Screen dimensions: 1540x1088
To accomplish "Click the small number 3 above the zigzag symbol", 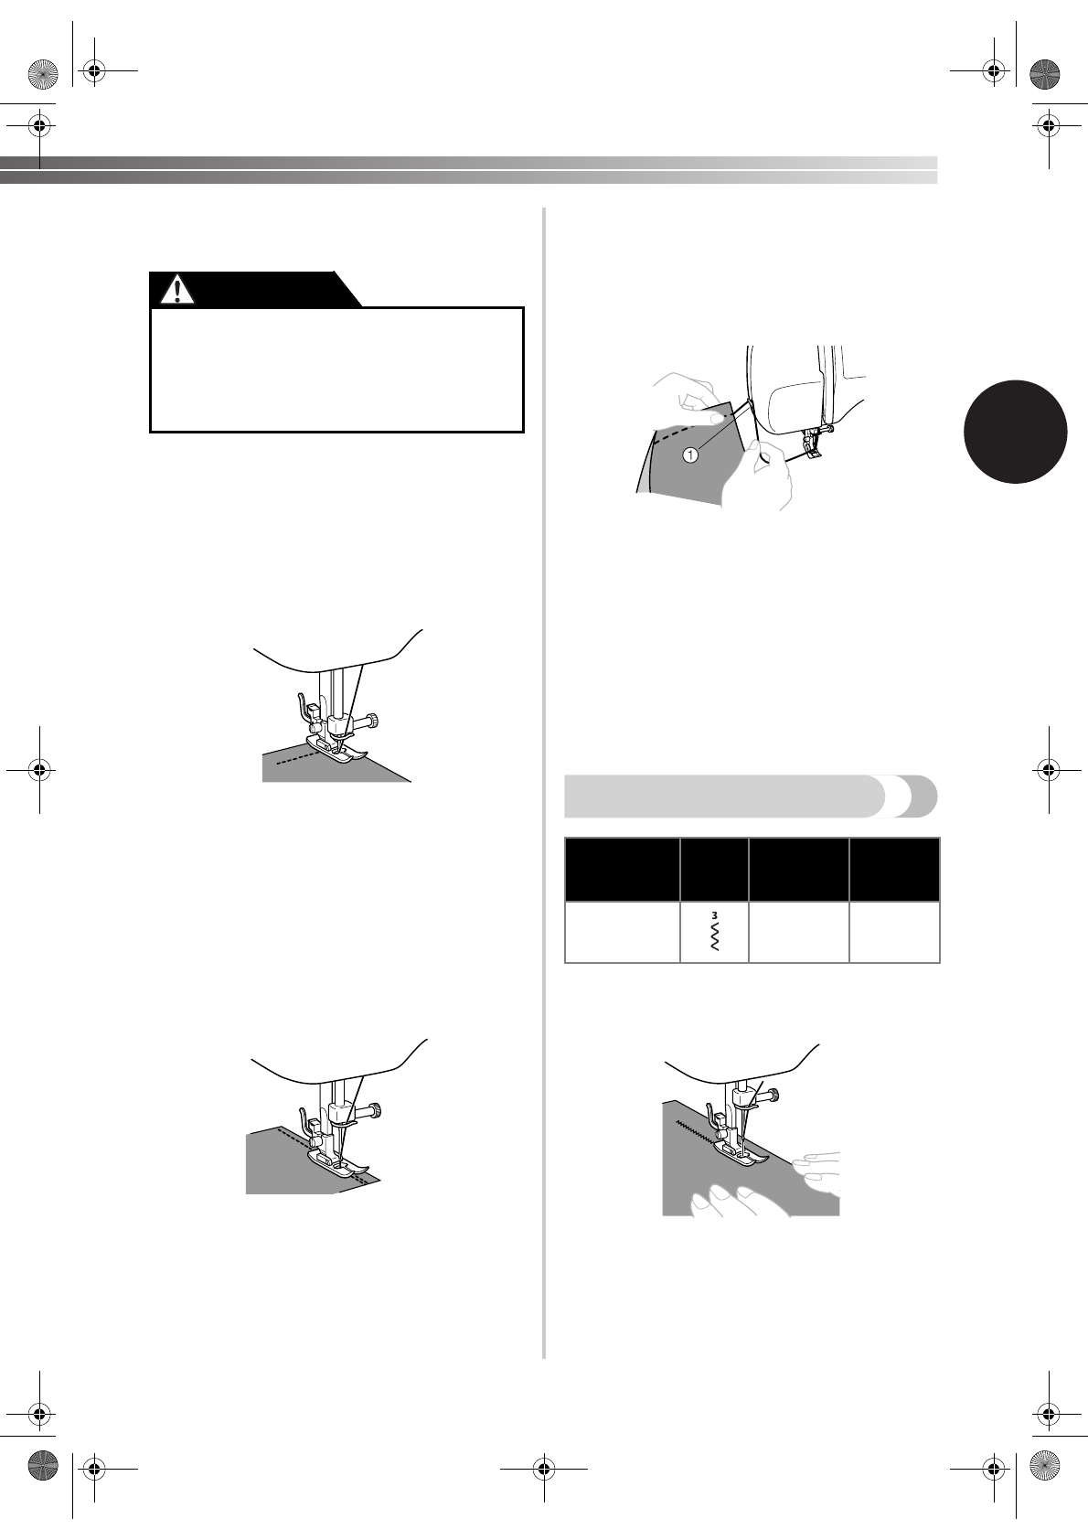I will point(714,915).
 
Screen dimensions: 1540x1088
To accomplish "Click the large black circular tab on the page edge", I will point(1015,431).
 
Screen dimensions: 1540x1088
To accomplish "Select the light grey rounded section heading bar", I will point(722,796).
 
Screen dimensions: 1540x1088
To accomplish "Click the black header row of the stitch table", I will point(752,869).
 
